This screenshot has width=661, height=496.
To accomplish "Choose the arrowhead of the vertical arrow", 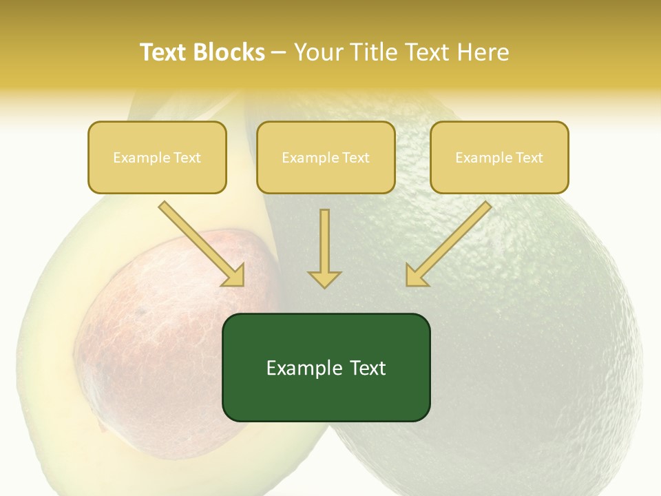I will [324, 278].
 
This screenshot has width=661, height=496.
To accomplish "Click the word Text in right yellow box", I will [529, 158].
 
